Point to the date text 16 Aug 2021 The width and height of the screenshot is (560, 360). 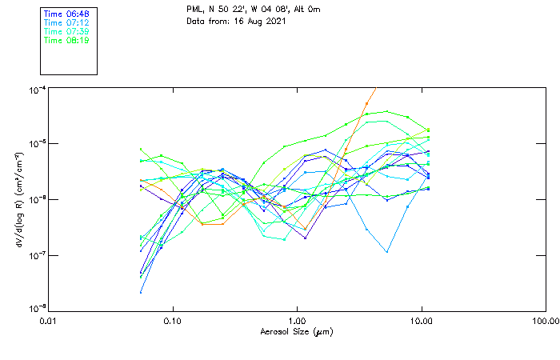click(x=261, y=21)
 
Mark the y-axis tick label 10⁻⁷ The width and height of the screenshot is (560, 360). click(x=37, y=254)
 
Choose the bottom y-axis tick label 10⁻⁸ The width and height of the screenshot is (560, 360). click(x=37, y=308)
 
